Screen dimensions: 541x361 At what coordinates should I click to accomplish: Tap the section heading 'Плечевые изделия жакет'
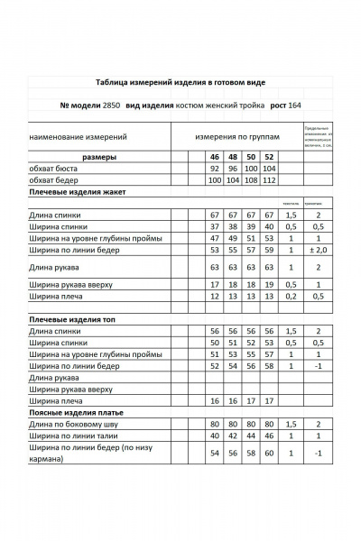pyautogui.click(x=80, y=192)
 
